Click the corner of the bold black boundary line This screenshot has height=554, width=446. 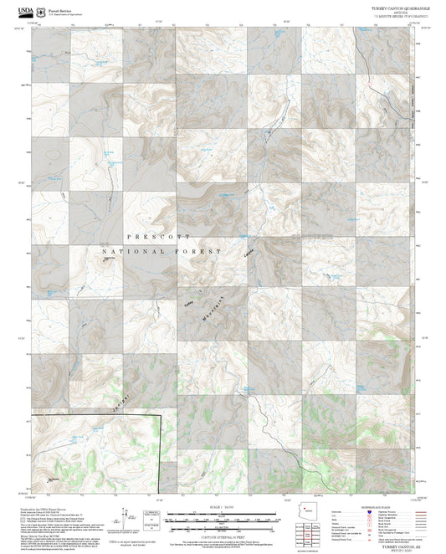[x=159, y=415]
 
